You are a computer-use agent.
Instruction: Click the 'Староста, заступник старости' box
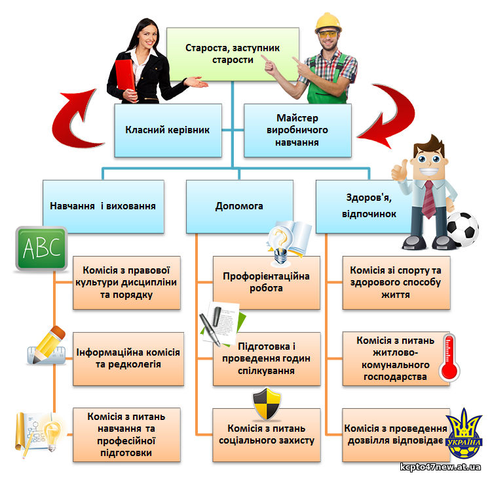tap(233, 54)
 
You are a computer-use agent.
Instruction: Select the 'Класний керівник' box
tap(168, 131)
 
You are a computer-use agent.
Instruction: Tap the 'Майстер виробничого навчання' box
tap(297, 131)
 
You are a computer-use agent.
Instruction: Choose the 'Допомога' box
tap(239, 207)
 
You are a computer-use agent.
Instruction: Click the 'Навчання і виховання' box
tap(103, 207)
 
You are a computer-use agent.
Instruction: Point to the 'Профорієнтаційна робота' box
tap(267, 283)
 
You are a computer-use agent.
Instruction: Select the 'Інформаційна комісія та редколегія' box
tap(128, 359)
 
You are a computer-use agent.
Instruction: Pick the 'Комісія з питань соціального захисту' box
tap(267, 435)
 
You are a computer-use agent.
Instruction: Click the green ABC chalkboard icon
tap(41, 249)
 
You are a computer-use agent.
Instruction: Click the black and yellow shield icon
tap(267, 404)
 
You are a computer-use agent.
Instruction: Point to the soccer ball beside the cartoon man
tap(463, 229)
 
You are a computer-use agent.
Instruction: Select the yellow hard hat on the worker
tap(328, 22)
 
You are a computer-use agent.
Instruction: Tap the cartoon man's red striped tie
tap(428, 199)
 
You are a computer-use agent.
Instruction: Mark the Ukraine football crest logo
tap(464, 434)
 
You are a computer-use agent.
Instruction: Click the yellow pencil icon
tap(48, 344)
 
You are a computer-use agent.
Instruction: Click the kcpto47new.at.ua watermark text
tap(440, 467)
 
